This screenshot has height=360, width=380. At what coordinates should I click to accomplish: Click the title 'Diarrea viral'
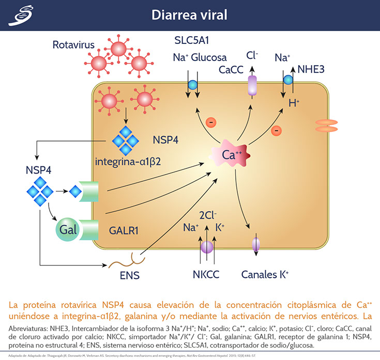(189, 15)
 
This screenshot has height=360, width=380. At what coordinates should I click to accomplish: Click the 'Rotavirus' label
(73, 45)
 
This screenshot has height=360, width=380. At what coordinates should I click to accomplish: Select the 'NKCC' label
(206, 275)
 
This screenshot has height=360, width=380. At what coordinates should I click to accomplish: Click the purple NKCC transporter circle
(207, 247)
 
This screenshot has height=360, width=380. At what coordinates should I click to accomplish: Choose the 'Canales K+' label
(265, 275)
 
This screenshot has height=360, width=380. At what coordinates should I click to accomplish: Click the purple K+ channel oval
(255, 243)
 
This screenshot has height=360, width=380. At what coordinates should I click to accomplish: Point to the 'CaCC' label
(232, 69)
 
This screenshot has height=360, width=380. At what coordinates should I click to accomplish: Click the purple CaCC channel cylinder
(252, 86)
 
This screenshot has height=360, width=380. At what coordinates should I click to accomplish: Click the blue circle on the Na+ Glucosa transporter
(192, 84)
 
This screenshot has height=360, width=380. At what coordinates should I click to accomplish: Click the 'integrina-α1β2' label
(128, 161)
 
